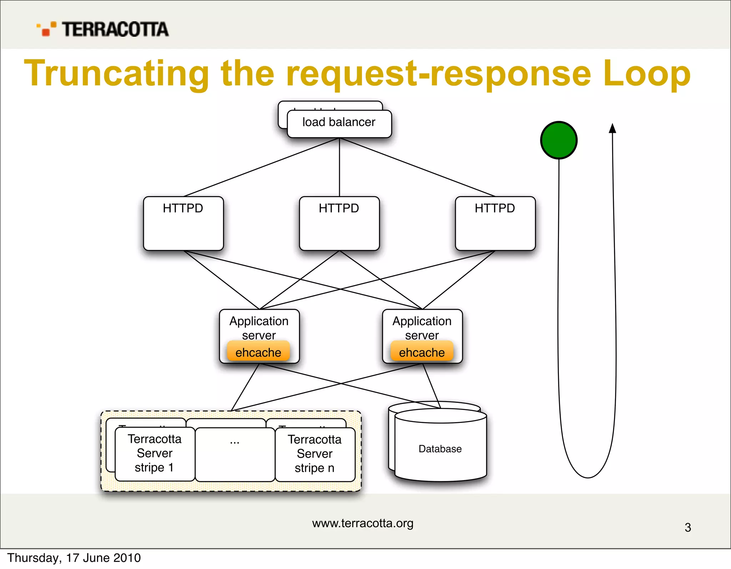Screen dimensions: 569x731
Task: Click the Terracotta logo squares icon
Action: (x=47, y=29)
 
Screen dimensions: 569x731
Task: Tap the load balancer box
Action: (x=339, y=123)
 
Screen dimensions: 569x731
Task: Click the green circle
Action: (x=559, y=140)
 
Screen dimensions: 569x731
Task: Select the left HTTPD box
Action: (x=183, y=223)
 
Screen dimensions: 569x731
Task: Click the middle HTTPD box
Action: (x=339, y=223)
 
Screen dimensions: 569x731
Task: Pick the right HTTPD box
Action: (x=495, y=223)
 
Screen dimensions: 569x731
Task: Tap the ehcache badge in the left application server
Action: (x=258, y=352)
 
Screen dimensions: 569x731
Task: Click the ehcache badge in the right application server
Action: (x=422, y=352)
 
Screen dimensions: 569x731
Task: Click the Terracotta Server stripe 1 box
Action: (x=155, y=454)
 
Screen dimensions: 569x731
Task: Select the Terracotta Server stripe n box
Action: (x=315, y=454)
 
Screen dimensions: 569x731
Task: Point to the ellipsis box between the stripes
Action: (x=235, y=454)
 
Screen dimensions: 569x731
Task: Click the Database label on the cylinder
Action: (x=440, y=449)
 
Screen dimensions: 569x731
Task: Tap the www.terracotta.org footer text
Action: (x=363, y=523)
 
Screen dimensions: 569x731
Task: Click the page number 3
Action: (x=688, y=528)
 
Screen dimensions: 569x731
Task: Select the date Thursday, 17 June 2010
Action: (x=74, y=558)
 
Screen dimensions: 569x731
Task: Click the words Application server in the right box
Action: (x=422, y=328)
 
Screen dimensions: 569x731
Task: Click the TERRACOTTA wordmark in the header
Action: (x=115, y=29)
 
